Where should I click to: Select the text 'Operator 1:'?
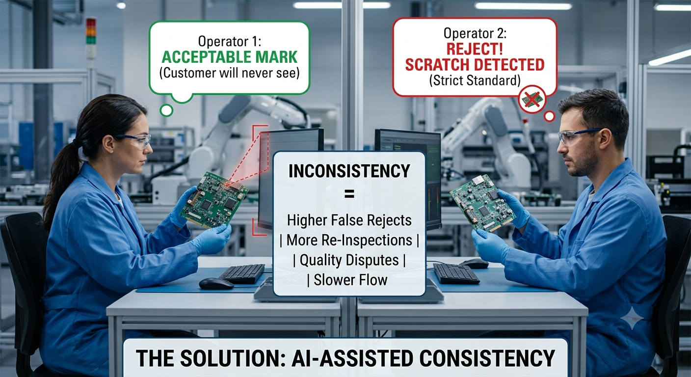[230, 41]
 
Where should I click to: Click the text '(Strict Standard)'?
[475, 80]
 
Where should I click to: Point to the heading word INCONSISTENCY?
[349, 171]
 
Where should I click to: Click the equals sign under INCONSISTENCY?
[349, 194]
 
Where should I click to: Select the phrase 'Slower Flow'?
[350, 280]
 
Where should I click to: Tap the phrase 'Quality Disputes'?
[349, 260]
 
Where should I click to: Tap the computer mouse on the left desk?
[216, 284]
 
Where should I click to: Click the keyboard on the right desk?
[456, 273]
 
